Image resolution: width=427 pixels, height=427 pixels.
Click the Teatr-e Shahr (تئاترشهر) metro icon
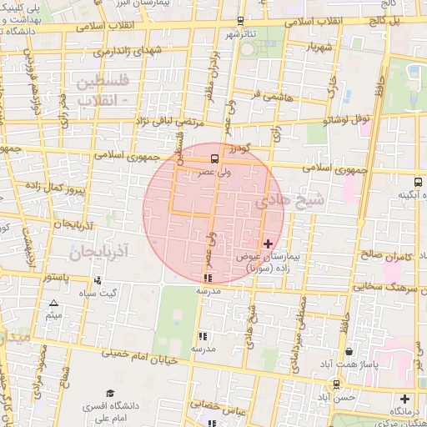[240, 21]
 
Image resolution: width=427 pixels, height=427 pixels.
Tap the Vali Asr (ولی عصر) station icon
[215, 158]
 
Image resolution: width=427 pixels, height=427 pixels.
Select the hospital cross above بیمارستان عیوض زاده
[267, 244]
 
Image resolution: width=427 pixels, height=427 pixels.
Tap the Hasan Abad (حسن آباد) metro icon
[336, 384]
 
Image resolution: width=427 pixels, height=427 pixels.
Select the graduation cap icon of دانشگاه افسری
[110, 394]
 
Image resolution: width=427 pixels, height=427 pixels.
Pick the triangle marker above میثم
[54, 304]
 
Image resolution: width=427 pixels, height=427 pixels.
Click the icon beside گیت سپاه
[98, 280]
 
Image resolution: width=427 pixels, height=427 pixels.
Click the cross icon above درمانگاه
[405, 399]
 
